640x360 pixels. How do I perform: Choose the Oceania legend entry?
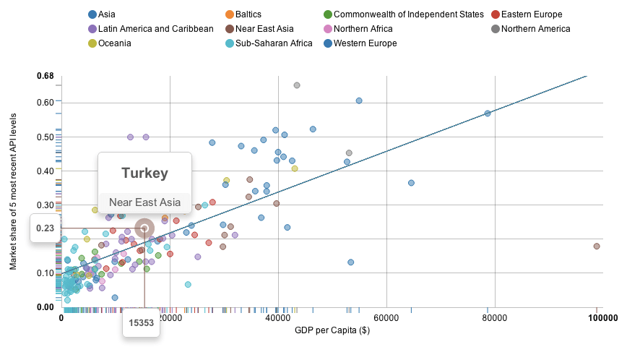click(x=114, y=43)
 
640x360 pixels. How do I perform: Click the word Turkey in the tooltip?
click(x=144, y=173)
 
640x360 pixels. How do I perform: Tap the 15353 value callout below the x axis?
click(x=142, y=323)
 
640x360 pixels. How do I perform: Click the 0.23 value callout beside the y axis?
click(x=46, y=228)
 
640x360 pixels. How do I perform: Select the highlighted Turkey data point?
click(x=144, y=228)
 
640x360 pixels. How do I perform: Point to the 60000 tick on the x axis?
click(x=386, y=317)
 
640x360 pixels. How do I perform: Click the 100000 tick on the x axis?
click(x=597, y=317)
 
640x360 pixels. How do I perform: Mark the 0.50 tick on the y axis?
click(x=46, y=137)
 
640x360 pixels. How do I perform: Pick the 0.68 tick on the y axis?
click(x=46, y=76)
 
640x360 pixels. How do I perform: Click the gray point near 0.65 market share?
click(x=296, y=85)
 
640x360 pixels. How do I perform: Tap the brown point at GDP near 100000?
click(x=597, y=247)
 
